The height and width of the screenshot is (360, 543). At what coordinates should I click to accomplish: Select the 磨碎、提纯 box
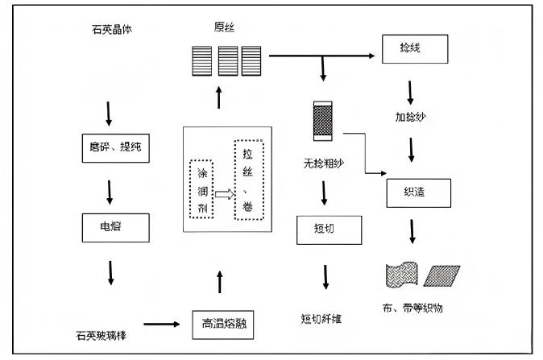[115, 147]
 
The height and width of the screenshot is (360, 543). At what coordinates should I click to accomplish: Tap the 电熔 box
[115, 229]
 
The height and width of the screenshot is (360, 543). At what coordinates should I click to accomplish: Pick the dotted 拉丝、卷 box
[248, 180]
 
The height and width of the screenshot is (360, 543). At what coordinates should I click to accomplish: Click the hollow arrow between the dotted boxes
[224, 193]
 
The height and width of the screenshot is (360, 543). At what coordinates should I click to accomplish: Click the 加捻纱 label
[410, 117]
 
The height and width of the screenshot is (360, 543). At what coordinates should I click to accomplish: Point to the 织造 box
[418, 191]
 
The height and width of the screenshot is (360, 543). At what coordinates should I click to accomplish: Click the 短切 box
[324, 228]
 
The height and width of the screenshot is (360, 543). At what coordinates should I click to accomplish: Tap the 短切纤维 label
[320, 319]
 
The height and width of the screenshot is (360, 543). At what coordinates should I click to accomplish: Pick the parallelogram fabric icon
[443, 275]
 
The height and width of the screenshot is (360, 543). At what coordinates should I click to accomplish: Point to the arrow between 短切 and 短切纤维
[325, 275]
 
